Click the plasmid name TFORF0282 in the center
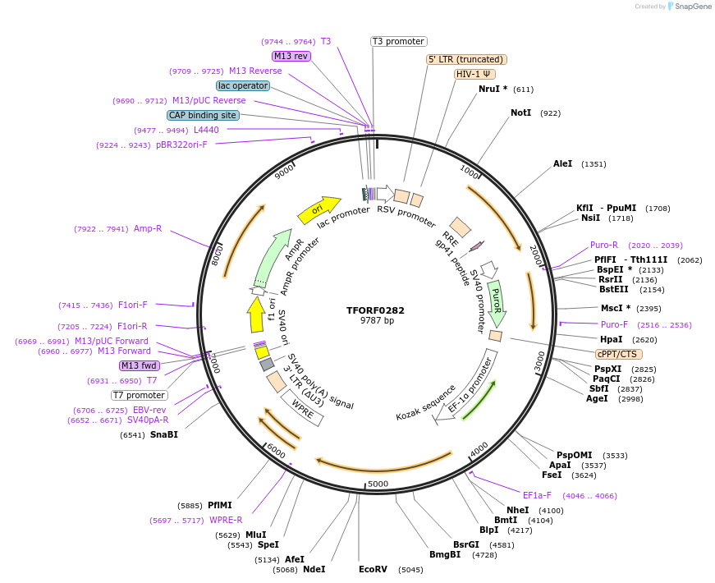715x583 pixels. click(x=375, y=310)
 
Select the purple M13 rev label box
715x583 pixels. click(x=291, y=56)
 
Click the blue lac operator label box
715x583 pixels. click(x=243, y=85)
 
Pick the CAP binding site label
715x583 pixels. click(x=203, y=116)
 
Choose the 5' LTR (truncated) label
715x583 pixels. click(x=466, y=59)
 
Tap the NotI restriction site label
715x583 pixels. click(x=520, y=113)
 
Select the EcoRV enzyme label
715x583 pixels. click(x=373, y=569)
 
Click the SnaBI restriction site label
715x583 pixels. click(x=163, y=434)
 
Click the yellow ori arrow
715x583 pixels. click(x=319, y=210)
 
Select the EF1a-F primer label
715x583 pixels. click(x=537, y=495)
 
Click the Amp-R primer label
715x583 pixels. click(x=148, y=229)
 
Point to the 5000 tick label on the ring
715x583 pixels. click(x=378, y=484)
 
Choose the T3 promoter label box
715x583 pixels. click(x=398, y=41)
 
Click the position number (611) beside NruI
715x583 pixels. click(x=524, y=90)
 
